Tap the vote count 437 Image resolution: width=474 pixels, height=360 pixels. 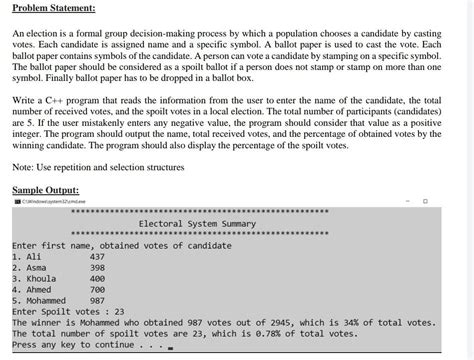[97, 256]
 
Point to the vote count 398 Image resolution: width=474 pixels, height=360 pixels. [97, 268]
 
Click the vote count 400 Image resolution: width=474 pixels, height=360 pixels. [97, 280]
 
